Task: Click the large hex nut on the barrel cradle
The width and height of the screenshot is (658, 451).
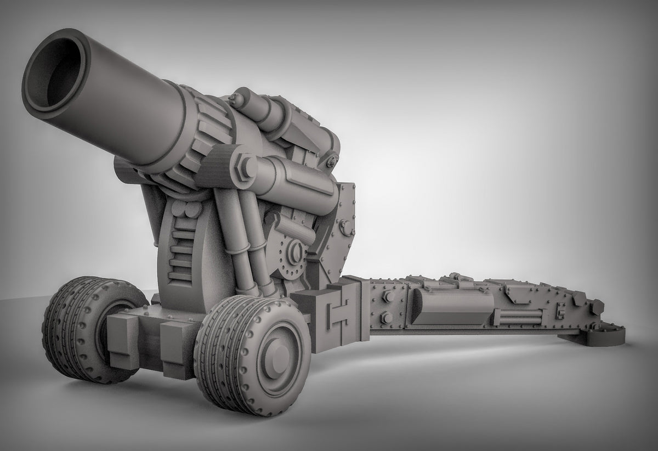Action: pos(243,166)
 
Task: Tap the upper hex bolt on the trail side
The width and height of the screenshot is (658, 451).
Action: pos(387,296)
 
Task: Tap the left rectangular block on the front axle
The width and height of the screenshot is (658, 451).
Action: pos(123,340)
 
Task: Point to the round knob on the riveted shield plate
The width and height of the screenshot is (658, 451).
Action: pos(344,224)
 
